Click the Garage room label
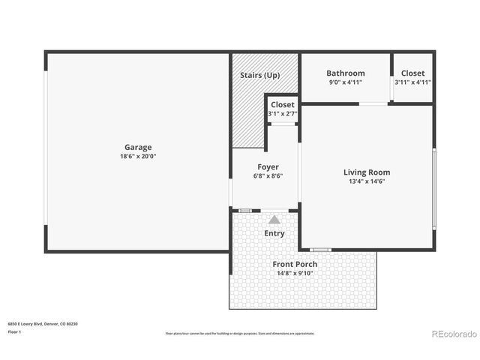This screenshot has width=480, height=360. point(138,147)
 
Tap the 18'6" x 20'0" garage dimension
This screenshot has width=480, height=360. point(138,156)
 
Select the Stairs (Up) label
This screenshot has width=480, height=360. point(259,76)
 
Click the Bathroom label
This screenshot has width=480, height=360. point(345,73)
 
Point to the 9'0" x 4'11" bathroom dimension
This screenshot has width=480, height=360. point(345,82)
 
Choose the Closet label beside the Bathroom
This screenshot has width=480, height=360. point(412,73)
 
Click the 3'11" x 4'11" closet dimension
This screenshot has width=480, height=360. point(412,82)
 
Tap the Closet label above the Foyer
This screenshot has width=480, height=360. point(283,105)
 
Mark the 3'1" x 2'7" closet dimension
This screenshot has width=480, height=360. point(283,114)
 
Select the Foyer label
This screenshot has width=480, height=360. point(268,167)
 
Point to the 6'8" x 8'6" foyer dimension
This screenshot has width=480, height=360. point(268,176)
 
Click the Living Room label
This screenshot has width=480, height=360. point(367,172)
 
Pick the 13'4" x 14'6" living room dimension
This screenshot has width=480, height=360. point(367,181)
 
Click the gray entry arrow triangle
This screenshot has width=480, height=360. point(274,220)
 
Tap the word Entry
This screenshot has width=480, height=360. point(274,233)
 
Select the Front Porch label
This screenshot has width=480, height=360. point(294,264)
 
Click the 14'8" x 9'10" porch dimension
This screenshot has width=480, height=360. point(294,273)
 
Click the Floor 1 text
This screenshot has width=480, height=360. point(13,331)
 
